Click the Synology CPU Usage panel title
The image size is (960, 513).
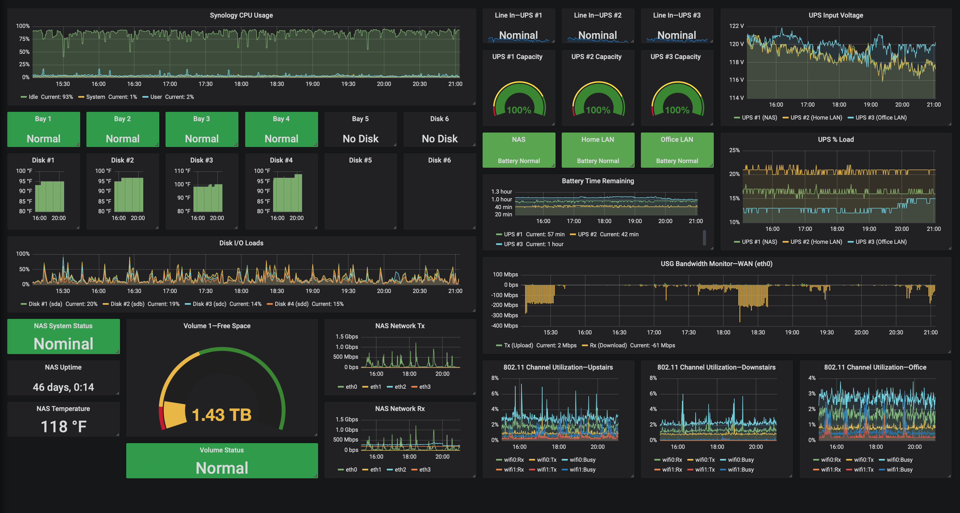[x=241, y=15]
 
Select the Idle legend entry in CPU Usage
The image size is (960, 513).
[x=33, y=97]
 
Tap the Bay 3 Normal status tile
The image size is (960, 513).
[x=202, y=129]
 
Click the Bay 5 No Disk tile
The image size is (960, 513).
[x=360, y=129]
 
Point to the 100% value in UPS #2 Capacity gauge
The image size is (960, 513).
[x=598, y=110]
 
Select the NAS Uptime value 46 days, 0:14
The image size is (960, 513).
[x=63, y=387]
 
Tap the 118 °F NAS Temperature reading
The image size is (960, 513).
[x=63, y=427]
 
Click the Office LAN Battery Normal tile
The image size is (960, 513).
[x=677, y=150]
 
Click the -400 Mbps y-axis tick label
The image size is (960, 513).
[x=505, y=326]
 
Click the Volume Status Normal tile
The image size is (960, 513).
[x=222, y=461]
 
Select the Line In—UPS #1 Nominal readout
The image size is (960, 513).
[x=518, y=35]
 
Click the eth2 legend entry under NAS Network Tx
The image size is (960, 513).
[x=400, y=387]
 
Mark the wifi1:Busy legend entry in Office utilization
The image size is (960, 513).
[x=899, y=470]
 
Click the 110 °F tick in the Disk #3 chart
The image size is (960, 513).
[x=182, y=171]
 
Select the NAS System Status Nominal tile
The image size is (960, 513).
[x=63, y=336]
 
